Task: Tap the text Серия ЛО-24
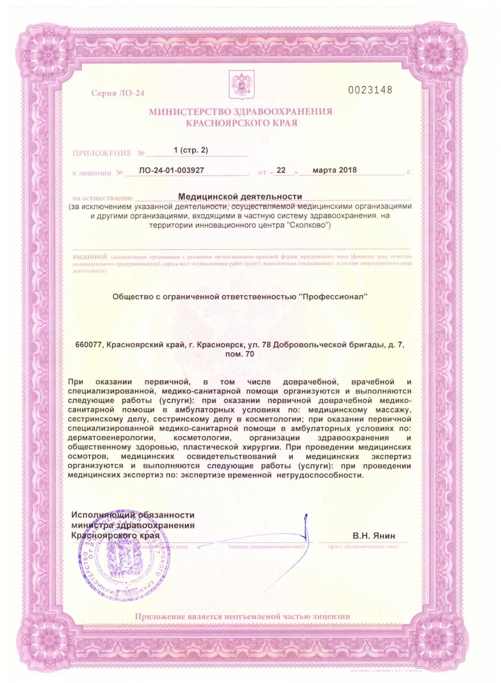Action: coord(117,92)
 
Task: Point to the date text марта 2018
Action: coord(330,170)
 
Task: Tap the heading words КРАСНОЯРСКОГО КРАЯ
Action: coord(241,123)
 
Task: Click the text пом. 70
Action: coord(241,354)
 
